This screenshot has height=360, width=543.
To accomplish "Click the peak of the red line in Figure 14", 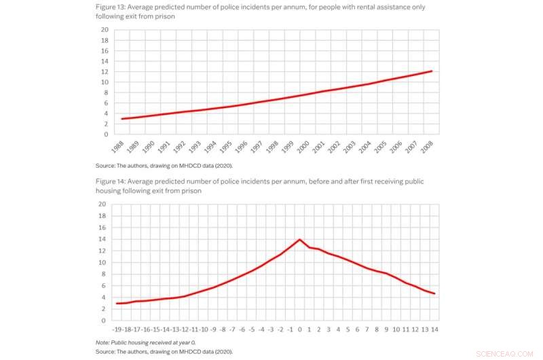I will pos(299,239).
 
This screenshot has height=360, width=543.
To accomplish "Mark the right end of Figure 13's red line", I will pos(432,71).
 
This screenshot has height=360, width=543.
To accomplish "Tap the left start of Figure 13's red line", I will pos(121,119).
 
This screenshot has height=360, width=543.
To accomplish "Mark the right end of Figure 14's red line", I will pos(434,293).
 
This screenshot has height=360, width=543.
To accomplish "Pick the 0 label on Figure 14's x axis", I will pos(300,329).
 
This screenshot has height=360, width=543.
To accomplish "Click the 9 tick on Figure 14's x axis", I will pos(386,329).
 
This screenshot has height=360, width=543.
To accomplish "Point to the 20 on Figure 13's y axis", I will pos(104,30).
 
